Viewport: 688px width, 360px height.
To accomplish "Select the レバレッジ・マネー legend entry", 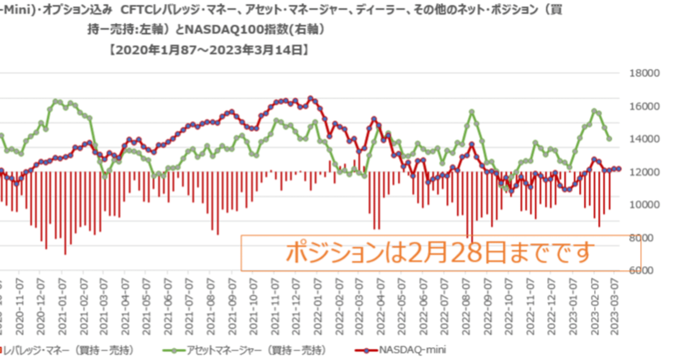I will pyautogui.click(x=67, y=350).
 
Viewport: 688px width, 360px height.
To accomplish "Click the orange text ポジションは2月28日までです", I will pyautogui.click(x=440, y=252).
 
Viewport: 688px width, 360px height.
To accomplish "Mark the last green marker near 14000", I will pyautogui.click(x=610, y=139).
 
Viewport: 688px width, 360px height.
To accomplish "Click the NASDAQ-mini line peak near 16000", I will pyautogui.click(x=310, y=98).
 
